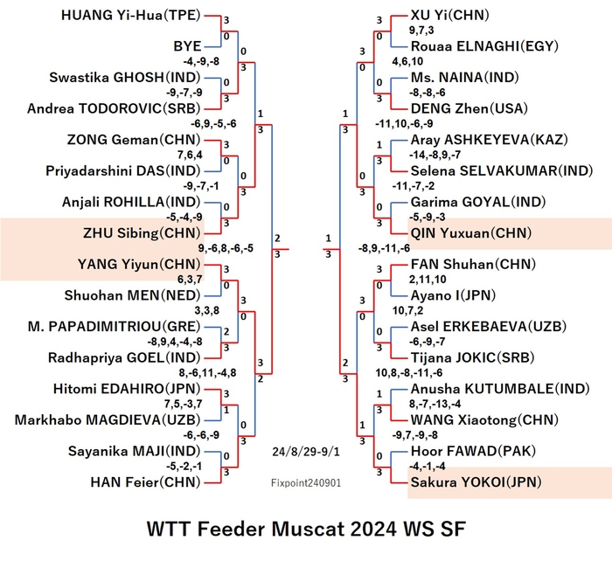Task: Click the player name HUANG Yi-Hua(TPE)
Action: click(x=131, y=15)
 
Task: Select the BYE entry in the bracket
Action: click(x=187, y=46)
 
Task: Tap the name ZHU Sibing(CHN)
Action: click(x=142, y=233)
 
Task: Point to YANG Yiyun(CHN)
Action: click(x=139, y=265)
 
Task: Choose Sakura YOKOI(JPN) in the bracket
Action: click(x=476, y=482)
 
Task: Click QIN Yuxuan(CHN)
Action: click(x=471, y=233)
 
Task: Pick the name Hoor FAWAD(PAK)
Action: click(x=473, y=452)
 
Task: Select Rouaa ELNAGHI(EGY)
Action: click(x=484, y=46)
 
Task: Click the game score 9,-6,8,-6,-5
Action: click(x=226, y=248)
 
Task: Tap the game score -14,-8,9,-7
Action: click(x=435, y=155)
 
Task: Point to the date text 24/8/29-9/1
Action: click(x=306, y=452)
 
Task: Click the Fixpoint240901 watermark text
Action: click(x=306, y=483)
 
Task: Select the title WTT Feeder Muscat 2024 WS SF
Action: click(x=306, y=529)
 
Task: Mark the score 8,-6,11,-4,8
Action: click(x=208, y=373)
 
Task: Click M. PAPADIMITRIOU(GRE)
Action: click(x=114, y=327)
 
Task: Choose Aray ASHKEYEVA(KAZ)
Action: click(x=490, y=140)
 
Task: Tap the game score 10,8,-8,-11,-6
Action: click(x=409, y=373)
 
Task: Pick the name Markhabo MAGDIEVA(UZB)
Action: click(x=108, y=420)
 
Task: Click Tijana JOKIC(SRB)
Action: click(x=472, y=357)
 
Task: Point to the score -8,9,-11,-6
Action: click(x=384, y=248)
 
